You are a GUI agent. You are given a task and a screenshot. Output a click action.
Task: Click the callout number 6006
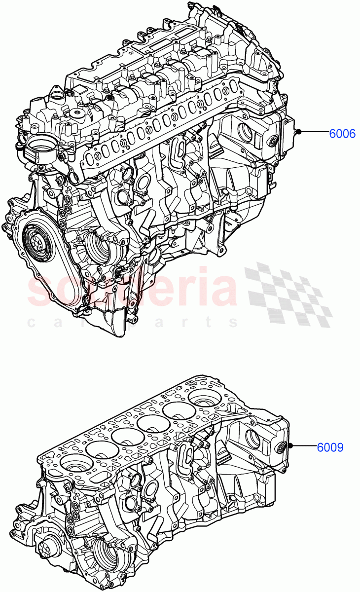[342, 133]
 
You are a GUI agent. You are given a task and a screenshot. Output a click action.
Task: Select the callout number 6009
[330, 447]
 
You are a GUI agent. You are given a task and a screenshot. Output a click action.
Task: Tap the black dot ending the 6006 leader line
[299, 132]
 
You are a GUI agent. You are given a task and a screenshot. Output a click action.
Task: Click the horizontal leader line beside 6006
[316, 132]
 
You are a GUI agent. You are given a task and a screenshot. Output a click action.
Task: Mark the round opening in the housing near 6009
[252, 439]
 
